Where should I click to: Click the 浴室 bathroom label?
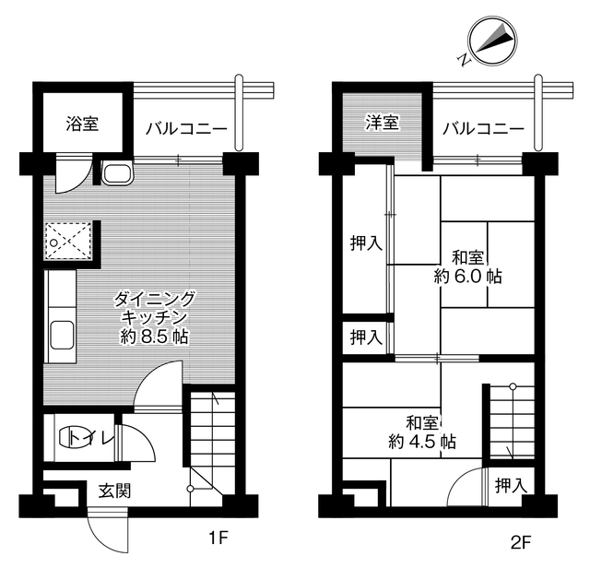82,123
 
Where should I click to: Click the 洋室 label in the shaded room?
381,123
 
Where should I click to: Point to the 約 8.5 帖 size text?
154,337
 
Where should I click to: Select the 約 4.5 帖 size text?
421,442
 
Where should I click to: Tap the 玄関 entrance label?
114,491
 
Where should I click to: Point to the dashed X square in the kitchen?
68,243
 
